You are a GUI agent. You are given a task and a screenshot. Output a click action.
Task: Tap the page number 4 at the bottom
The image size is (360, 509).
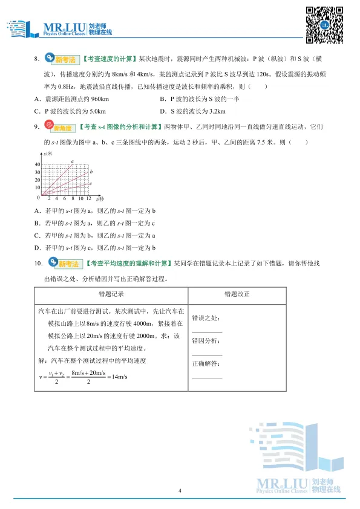(180, 490)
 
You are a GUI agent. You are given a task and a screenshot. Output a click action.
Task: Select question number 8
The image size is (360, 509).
(36, 59)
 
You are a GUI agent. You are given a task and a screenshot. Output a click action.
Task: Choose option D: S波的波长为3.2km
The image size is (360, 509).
(192, 112)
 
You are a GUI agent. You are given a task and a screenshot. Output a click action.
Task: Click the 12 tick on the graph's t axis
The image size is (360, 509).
(88, 199)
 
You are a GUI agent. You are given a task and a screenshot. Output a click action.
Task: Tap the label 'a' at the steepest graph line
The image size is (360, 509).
(72, 161)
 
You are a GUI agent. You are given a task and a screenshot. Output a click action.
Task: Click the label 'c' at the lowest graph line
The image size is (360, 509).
(90, 184)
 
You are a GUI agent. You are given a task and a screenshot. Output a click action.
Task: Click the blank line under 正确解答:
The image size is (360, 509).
(206, 377)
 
